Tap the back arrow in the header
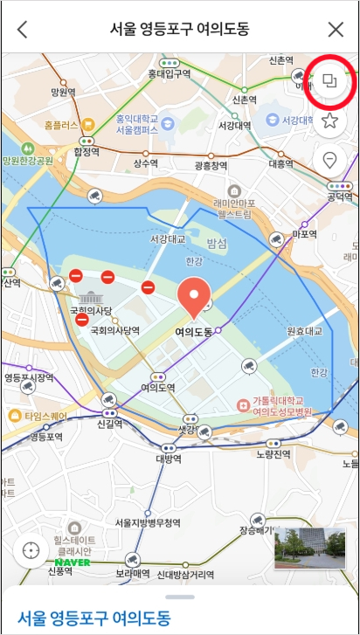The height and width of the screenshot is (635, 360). pos(23,29)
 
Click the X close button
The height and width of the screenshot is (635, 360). pos(336,29)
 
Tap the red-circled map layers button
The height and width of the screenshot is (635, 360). pos(329,81)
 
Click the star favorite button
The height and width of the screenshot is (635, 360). pos(329,121)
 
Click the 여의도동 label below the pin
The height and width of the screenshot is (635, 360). pos(193,332)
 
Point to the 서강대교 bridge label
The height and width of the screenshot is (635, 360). pos(167,238)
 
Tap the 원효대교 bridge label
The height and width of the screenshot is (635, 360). pos(304,331)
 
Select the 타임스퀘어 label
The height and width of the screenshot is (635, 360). pos(45,416)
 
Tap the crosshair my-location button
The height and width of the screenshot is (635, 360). pos(31,550)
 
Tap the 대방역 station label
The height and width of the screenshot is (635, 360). pos(169,459)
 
